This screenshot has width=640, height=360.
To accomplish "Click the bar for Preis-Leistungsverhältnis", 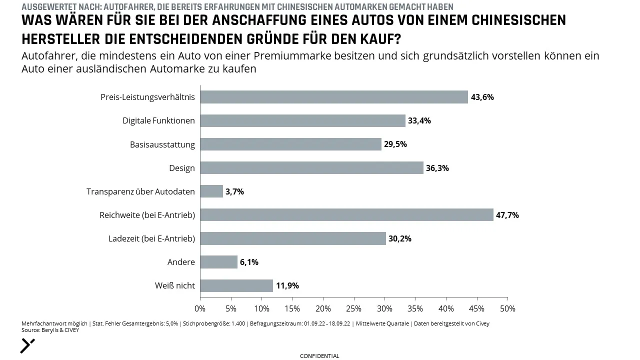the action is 334,97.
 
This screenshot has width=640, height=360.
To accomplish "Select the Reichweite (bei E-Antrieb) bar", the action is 347,215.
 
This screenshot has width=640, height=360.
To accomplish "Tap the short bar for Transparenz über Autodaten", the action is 211,191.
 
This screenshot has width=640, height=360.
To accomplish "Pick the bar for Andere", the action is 219,262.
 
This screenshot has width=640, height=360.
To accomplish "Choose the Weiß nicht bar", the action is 236,285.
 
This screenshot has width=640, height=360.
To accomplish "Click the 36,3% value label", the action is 437,168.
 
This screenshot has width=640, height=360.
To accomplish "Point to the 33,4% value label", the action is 419,121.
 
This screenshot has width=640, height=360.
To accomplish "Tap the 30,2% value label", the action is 400,238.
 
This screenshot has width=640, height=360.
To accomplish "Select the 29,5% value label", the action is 395,144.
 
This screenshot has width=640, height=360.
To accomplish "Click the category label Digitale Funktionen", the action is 158,120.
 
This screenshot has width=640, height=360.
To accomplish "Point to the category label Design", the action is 182,168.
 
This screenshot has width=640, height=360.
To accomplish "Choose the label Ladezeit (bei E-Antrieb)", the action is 151,238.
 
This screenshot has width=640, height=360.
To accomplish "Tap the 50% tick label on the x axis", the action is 507,309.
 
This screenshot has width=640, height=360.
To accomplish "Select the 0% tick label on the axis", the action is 200,309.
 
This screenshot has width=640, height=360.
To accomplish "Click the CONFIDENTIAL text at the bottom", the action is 319,356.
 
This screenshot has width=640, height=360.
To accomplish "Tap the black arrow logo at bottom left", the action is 27,346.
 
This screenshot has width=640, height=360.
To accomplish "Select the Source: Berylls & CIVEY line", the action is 50,330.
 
